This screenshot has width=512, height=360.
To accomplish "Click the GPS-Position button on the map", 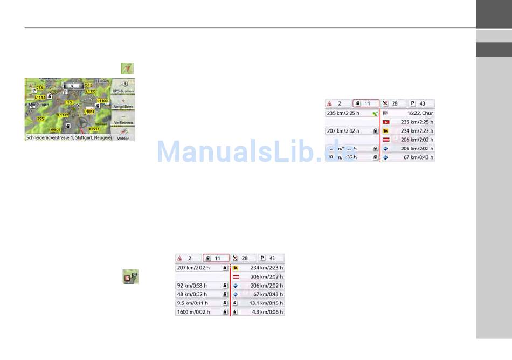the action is pos(123,87).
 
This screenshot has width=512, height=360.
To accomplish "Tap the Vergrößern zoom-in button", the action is pos(123,104).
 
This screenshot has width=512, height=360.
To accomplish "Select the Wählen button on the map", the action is pos(123,135).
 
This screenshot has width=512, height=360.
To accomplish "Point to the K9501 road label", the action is pos(56,129).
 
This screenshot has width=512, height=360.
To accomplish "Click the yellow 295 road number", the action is pos(41,119).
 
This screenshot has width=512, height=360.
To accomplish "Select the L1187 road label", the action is pos(64,115).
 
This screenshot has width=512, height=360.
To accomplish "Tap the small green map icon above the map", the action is pos(127,68).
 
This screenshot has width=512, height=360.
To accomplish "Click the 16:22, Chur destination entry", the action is pos(408,113).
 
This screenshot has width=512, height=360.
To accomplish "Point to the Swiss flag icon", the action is pos(386,122).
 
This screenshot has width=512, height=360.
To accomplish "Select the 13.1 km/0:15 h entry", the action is pos(258,303).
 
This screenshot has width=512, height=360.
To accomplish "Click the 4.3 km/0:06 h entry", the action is pos(258,312).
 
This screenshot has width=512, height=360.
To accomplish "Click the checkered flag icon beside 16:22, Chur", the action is pos(385,113).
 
